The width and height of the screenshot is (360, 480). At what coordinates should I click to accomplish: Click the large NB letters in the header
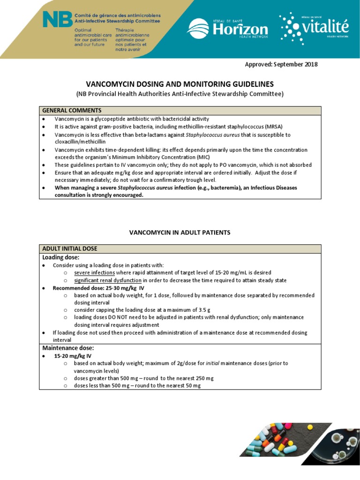click(58, 19)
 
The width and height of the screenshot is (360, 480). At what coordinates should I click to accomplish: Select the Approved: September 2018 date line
click(281, 64)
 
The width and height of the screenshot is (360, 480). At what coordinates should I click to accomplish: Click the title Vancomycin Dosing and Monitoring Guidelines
click(180, 84)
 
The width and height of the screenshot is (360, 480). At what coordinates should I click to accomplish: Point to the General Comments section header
click(72, 111)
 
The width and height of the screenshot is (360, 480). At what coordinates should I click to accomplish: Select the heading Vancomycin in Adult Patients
click(180, 232)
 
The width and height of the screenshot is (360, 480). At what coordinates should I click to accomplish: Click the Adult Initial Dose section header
click(70, 248)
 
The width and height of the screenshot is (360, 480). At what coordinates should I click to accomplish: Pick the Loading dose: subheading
click(61, 257)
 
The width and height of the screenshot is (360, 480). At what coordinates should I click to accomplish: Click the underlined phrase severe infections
click(94, 272)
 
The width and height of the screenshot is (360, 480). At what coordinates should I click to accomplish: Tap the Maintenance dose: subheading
click(68, 348)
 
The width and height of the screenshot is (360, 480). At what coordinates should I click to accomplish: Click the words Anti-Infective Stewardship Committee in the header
click(117, 21)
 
